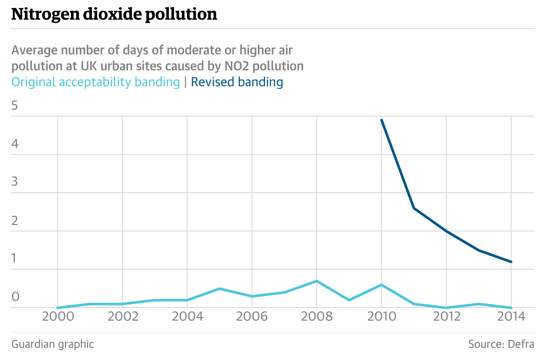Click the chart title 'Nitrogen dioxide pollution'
[x=114, y=15]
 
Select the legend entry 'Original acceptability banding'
[x=96, y=82]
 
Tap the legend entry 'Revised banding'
[x=237, y=82]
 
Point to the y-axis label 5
[x=15, y=105]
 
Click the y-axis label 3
[x=15, y=182]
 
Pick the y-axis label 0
[x=15, y=297]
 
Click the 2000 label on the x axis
[x=58, y=317]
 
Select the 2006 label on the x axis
[x=252, y=317]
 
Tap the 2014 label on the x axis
[x=511, y=317]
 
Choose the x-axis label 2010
[x=381, y=317]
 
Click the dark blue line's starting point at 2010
[x=382, y=120]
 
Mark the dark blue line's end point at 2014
[x=511, y=262]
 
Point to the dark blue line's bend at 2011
[x=414, y=208]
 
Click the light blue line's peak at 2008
[x=317, y=281]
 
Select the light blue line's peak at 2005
[x=219, y=289]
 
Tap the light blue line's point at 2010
[x=382, y=285]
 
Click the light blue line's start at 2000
[x=58, y=308]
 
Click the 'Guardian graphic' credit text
[x=53, y=344]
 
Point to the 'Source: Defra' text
[x=501, y=344]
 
